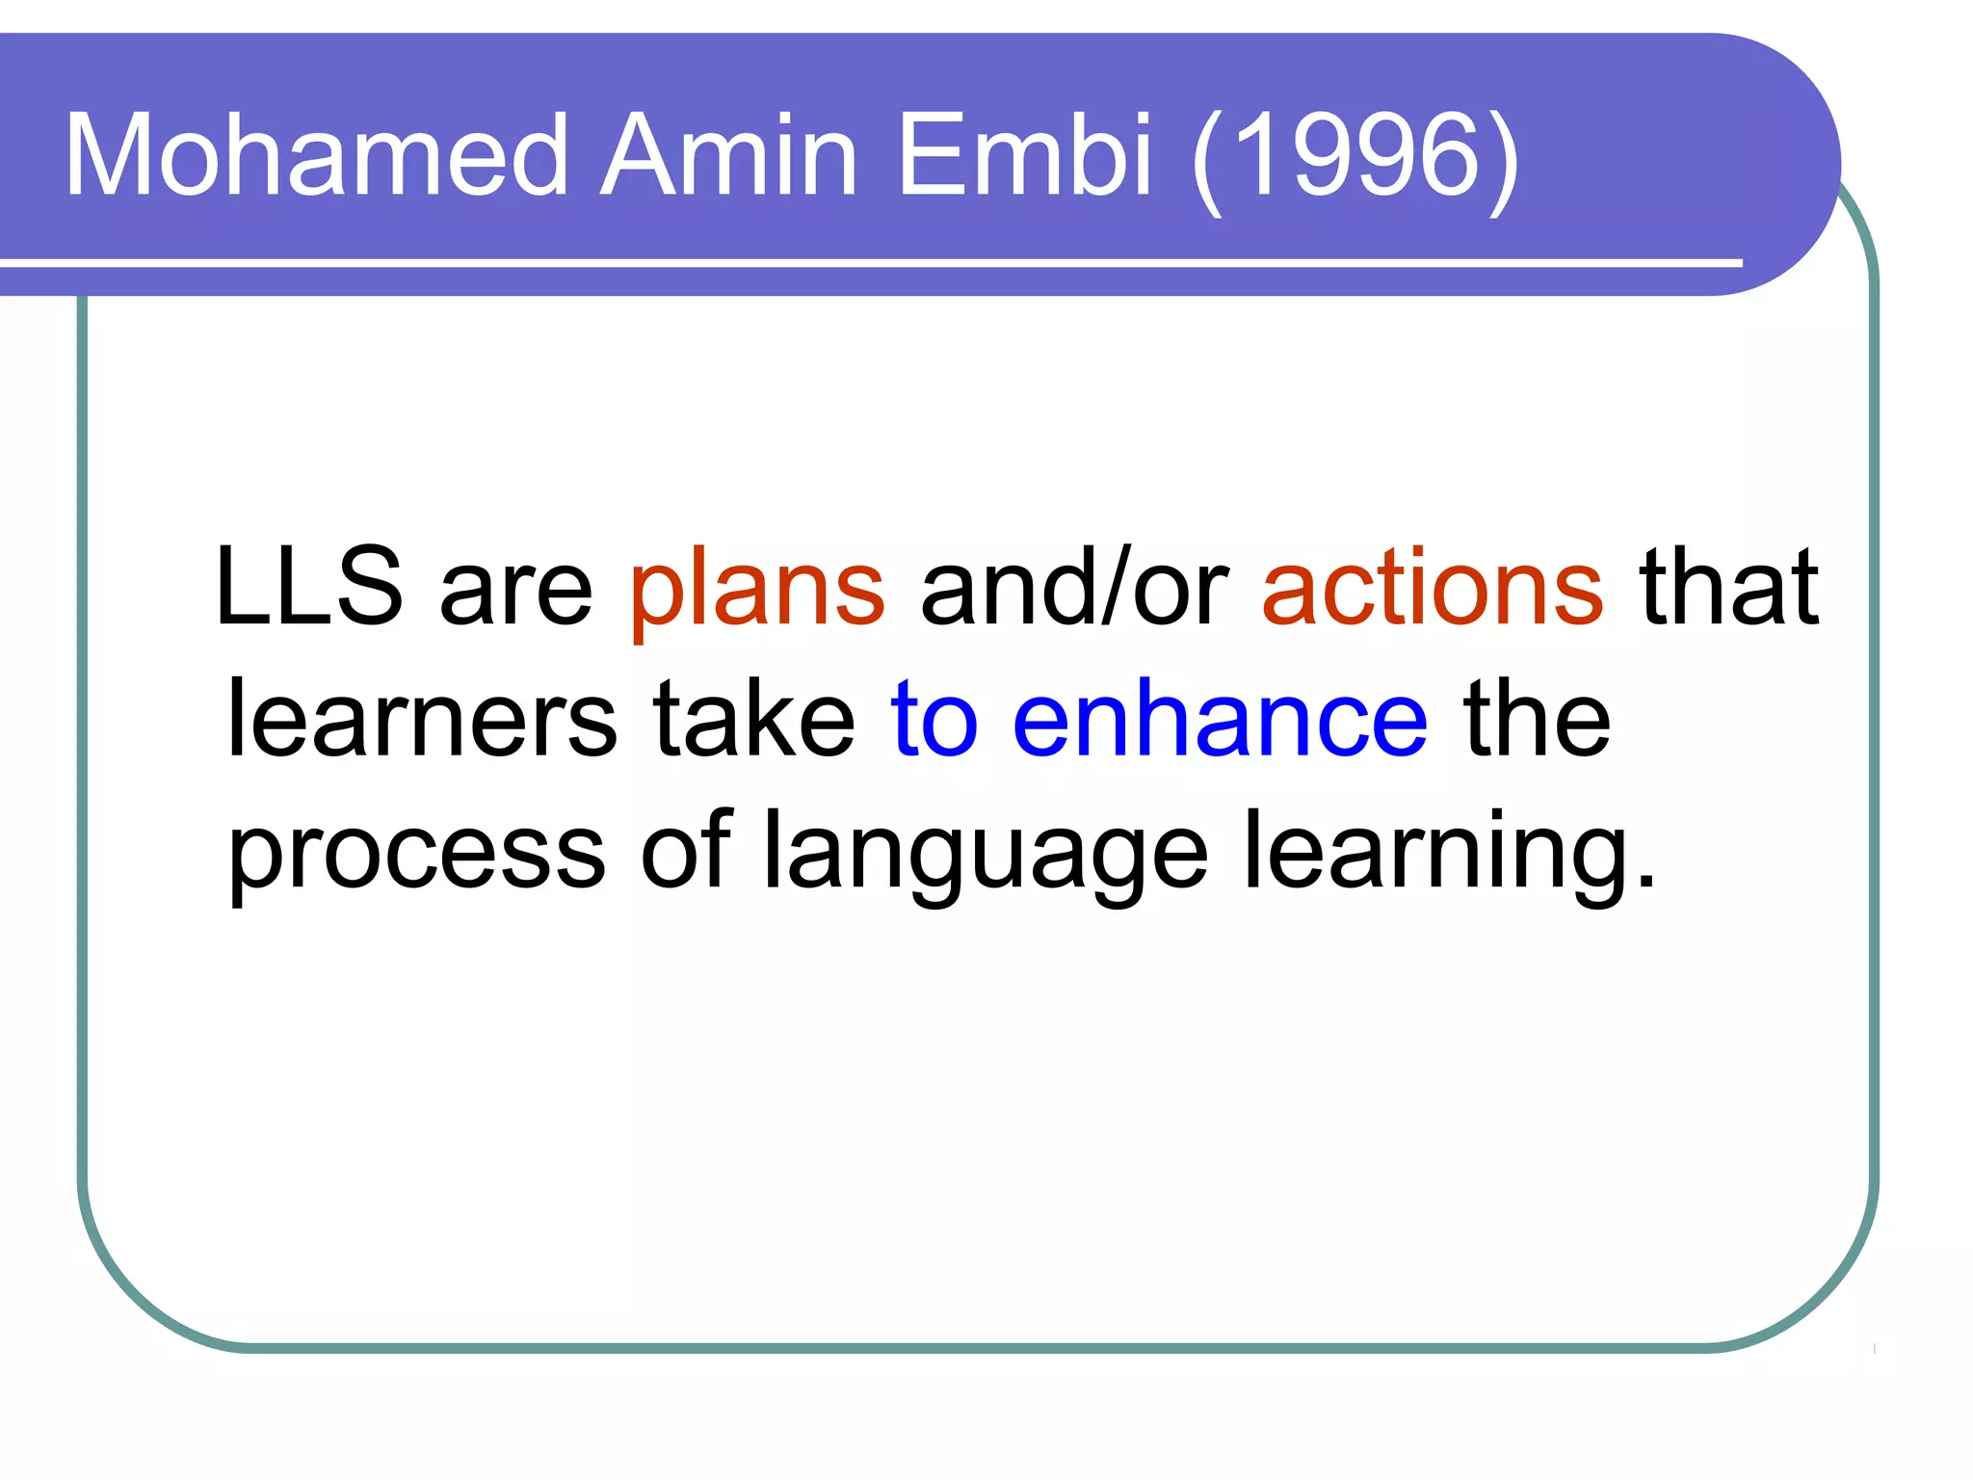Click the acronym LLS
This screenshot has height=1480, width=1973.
(308, 587)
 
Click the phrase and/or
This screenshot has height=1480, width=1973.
(1075, 587)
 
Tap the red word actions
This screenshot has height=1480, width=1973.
(1433, 587)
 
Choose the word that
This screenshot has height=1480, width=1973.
(1729, 587)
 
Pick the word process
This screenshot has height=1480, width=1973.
(416, 856)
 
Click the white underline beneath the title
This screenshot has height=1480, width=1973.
(867, 262)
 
